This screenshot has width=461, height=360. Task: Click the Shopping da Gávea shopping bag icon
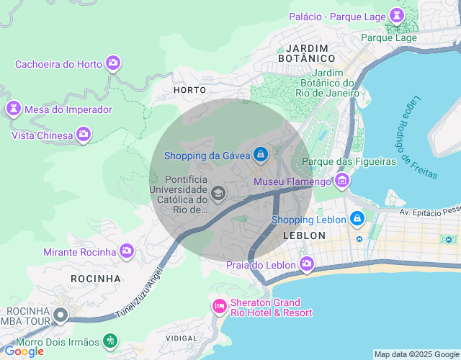[x=260, y=155]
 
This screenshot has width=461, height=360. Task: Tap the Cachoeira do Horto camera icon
[x=112, y=63]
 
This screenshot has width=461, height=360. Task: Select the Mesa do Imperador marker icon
[x=13, y=109]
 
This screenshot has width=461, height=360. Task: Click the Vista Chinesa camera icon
[x=84, y=135]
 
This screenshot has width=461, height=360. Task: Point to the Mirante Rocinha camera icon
[x=127, y=251]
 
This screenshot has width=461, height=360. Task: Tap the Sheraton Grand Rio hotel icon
[x=219, y=307]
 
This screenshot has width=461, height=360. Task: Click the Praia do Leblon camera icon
[x=307, y=264]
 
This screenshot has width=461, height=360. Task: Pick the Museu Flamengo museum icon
[x=341, y=181]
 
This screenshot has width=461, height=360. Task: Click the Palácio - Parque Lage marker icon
[x=396, y=16]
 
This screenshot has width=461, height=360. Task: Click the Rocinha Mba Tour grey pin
[x=61, y=315]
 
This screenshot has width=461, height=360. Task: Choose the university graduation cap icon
[x=218, y=194]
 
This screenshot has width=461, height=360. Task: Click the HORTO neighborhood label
[x=189, y=90]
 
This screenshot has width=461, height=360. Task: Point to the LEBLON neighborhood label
[x=305, y=235]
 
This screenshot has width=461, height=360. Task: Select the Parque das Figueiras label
[x=349, y=161]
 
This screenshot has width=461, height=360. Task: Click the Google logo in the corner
[x=24, y=351]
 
